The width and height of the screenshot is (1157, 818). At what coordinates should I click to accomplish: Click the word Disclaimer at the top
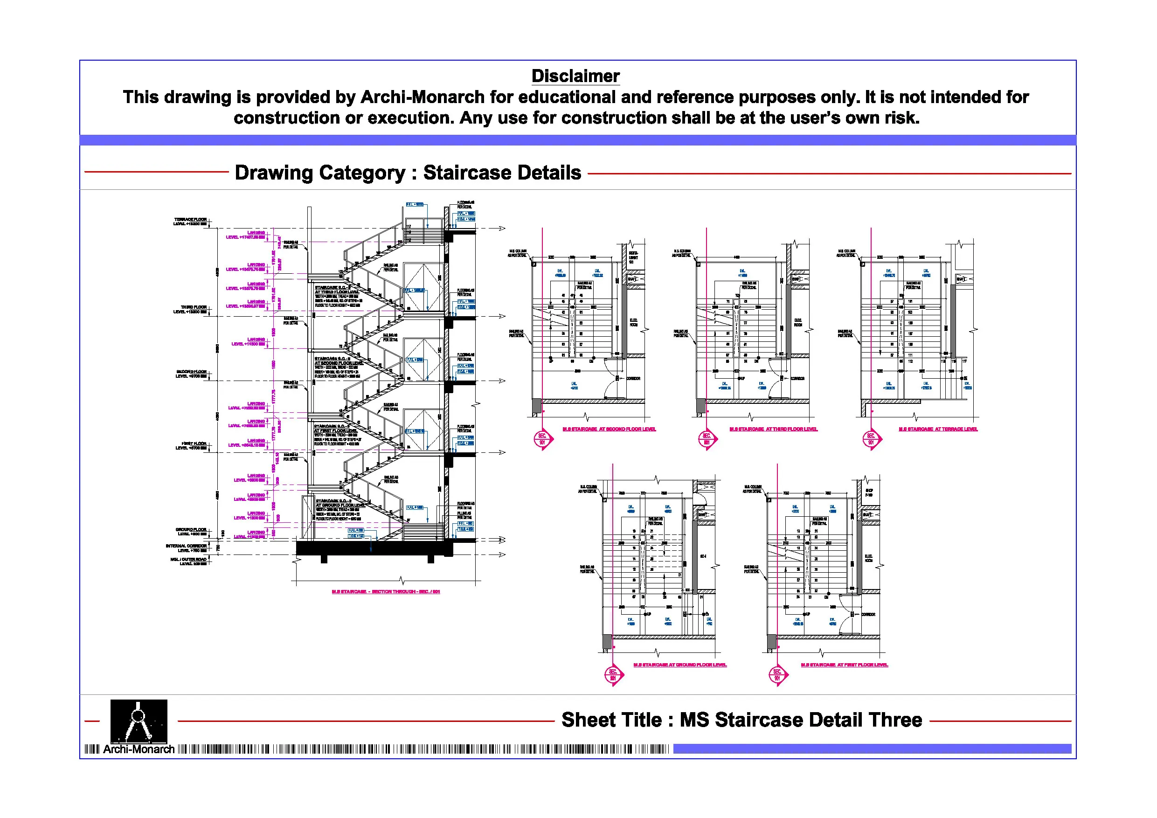click(x=575, y=76)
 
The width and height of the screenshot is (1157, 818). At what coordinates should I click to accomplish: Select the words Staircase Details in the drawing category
click(x=502, y=173)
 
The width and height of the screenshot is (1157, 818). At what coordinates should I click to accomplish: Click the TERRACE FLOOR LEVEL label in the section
click(x=190, y=222)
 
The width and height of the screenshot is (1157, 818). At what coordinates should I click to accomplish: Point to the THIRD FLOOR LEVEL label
click(x=190, y=310)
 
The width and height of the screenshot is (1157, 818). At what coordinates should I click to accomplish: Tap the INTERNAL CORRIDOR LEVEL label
click(x=186, y=548)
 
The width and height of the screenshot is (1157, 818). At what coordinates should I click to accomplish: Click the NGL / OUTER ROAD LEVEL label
click(x=188, y=562)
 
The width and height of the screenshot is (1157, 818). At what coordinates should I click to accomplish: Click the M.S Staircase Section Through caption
click(x=386, y=592)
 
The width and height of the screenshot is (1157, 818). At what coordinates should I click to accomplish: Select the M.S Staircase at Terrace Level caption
click(x=938, y=430)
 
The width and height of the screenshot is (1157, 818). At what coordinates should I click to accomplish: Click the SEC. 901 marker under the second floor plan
click(x=542, y=439)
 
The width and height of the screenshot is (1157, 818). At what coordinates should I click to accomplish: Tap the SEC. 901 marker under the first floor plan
click(x=777, y=675)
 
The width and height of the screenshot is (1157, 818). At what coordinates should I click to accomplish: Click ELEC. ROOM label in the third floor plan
click(x=798, y=323)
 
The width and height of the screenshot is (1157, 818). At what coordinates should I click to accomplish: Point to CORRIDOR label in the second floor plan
click(x=633, y=379)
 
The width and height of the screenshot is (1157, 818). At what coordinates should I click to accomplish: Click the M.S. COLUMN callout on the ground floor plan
click(x=588, y=489)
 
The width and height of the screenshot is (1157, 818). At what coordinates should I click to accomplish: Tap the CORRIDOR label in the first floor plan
click(x=868, y=614)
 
